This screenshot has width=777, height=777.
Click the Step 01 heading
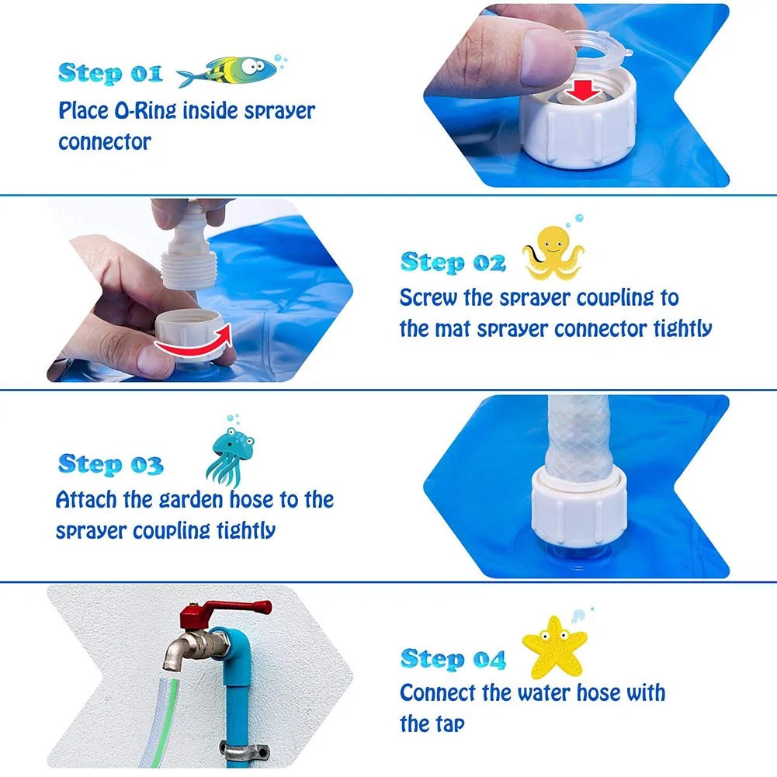(x=110, y=73)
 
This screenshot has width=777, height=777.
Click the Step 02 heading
(x=453, y=262)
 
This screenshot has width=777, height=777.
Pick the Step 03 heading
(x=110, y=464)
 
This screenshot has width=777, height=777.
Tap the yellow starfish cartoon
(x=554, y=646)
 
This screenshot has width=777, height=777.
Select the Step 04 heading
(x=453, y=659)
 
